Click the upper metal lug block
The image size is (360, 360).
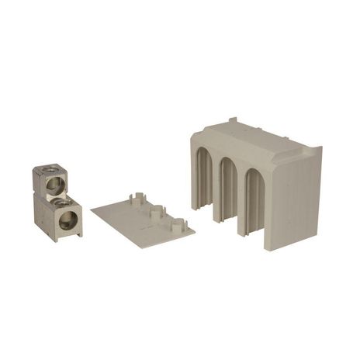pyautogui.click(x=47, y=182)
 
